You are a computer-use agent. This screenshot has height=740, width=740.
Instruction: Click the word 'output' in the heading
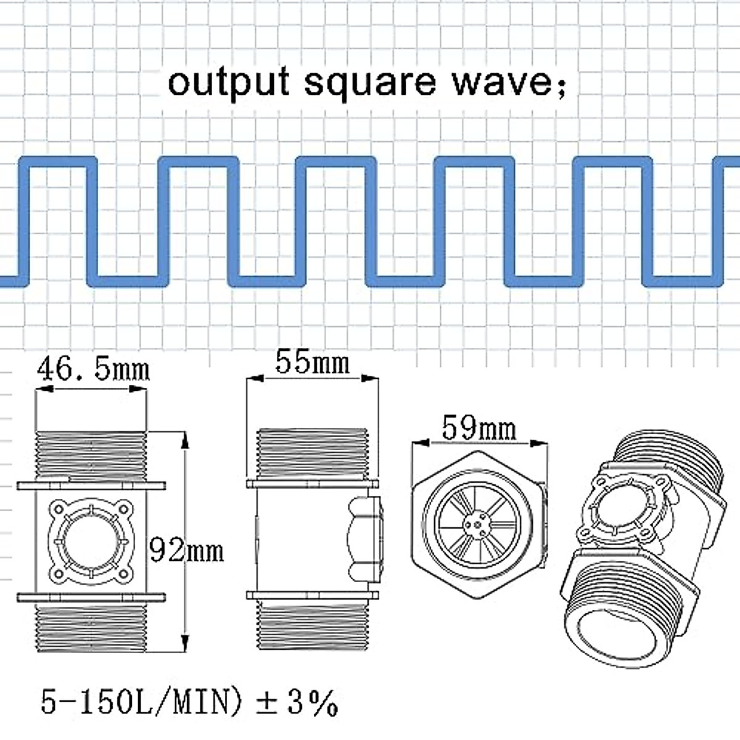click(x=229, y=83)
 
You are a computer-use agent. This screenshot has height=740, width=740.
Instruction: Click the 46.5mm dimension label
click(x=93, y=369)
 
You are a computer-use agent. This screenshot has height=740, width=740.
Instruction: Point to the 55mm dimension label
click(x=313, y=362)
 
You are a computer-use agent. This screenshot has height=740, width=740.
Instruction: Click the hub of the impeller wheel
click(x=476, y=524)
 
